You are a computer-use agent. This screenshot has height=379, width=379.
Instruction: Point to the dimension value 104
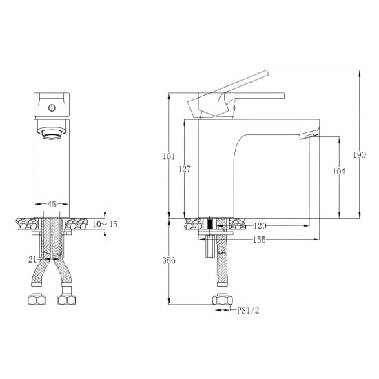click(x=338, y=172)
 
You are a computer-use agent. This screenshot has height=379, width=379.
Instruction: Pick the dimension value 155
click(x=259, y=239)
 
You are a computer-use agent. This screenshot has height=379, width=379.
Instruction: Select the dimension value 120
click(x=260, y=225)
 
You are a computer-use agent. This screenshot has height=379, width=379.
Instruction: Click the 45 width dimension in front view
click(x=52, y=204)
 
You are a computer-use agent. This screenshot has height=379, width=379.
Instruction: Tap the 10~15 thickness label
click(x=103, y=224)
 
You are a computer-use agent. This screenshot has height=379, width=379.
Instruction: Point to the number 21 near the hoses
click(x=32, y=259)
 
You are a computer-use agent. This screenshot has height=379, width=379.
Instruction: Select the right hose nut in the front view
click(x=68, y=300)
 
